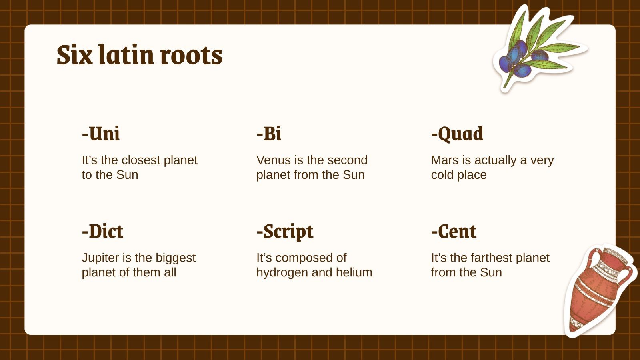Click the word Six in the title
75,55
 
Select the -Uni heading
101,134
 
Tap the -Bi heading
269,134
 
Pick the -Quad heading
457,134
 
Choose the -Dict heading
102,231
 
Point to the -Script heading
285,232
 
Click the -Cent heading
454,231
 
